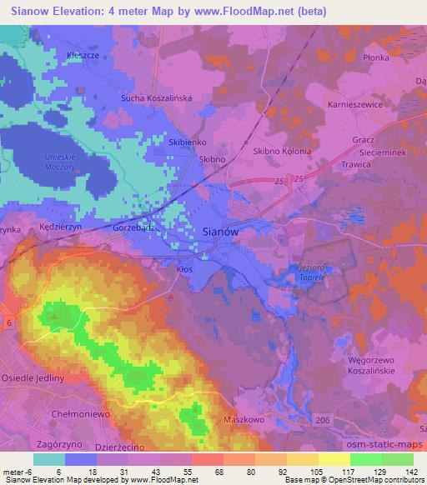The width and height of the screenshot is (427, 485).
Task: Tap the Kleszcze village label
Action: tap(83, 55)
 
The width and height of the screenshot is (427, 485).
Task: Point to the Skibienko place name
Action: tap(188, 142)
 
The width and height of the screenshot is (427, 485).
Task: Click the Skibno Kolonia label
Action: tap(281, 152)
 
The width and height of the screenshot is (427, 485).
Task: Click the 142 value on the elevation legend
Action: tap(413, 472)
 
